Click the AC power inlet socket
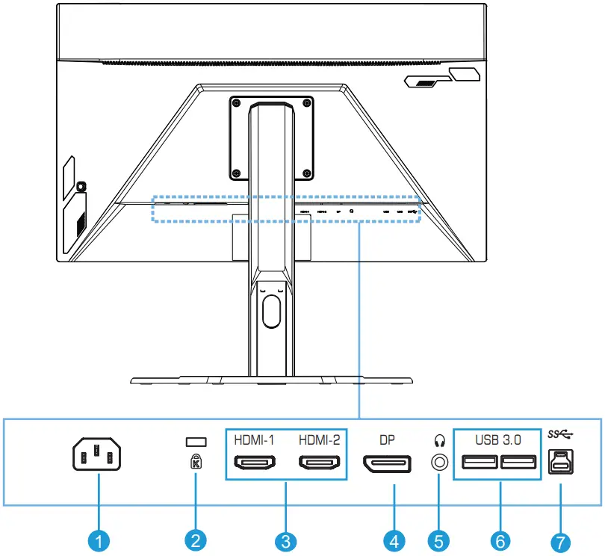click(96, 455)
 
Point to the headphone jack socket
click(438, 463)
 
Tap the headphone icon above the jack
click(438, 440)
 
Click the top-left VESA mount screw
click(236, 102)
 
